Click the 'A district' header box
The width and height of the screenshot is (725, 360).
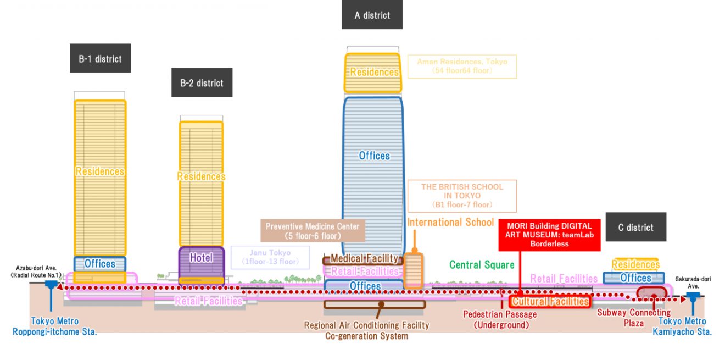(x=372, y=15)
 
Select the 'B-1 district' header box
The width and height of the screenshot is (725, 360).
(x=100, y=58)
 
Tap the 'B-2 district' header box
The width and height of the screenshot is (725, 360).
(x=202, y=83)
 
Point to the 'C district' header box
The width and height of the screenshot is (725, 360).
(x=635, y=227)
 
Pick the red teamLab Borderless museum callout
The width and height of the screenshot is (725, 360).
(x=549, y=235)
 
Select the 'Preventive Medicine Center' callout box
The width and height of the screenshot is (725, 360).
(x=313, y=231)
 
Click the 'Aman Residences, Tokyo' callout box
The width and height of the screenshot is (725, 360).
(x=462, y=67)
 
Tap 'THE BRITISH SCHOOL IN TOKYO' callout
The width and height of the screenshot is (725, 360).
(x=462, y=196)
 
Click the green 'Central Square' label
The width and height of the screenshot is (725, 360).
(x=482, y=265)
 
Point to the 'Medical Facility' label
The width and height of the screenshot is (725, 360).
(x=364, y=259)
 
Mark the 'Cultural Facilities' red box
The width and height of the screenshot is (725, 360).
(x=550, y=302)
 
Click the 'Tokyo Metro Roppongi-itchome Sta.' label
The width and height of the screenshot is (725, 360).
(x=54, y=326)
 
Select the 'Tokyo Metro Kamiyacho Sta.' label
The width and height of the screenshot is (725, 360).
(x=682, y=326)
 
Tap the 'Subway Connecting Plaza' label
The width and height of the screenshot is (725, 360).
(x=633, y=318)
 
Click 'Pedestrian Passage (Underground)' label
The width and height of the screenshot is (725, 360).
(x=499, y=320)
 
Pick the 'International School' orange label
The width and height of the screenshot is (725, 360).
(x=450, y=223)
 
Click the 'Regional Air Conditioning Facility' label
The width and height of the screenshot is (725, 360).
(x=366, y=325)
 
